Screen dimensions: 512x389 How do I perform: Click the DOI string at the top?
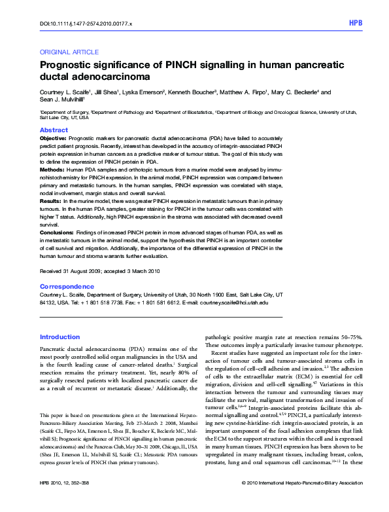tap(86, 24)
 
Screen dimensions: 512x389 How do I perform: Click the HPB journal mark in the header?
tap(356, 24)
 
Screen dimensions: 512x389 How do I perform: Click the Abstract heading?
tap(54, 131)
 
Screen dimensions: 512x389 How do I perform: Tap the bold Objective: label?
tap(53, 139)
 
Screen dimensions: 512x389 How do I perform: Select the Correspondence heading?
tap(67, 287)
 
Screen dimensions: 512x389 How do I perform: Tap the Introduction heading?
tap(60, 337)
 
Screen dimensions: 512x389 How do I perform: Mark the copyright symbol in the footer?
tap(243, 502)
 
